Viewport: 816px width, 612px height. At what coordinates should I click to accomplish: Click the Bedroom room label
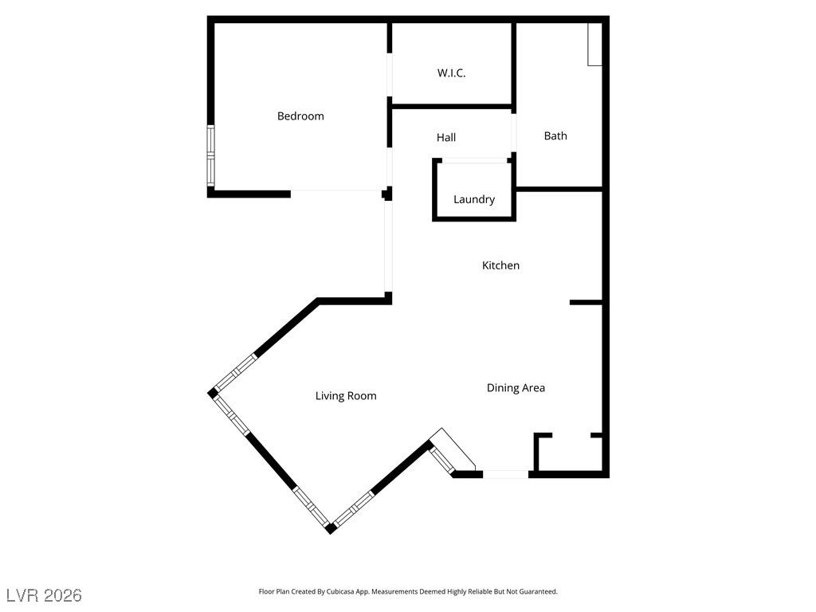(x=300, y=116)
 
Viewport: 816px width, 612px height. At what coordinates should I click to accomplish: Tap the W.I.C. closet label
(x=451, y=73)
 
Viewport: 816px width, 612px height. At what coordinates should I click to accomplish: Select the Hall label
(x=446, y=138)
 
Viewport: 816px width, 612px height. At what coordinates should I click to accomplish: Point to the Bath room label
(x=555, y=136)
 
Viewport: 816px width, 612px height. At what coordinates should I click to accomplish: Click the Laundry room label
(x=474, y=200)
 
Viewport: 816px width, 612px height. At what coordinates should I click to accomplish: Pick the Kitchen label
(x=500, y=265)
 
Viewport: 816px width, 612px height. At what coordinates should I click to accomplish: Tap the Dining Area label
(x=516, y=388)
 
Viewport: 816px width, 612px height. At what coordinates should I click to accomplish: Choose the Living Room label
(x=346, y=396)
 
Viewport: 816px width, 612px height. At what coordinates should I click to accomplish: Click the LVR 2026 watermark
(x=44, y=595)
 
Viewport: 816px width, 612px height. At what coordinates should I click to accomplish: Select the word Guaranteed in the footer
(x=536, y=592)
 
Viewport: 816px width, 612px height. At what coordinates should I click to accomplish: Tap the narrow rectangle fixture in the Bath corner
(x=594, y=44)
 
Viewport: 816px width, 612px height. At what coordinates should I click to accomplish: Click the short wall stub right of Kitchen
(x=586, y=302)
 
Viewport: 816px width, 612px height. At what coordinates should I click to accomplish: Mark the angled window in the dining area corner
(x=441, y=457)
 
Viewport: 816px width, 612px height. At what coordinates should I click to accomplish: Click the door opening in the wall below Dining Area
(x=505, y=474)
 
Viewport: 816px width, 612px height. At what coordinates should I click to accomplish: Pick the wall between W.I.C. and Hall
(x=451, y=106)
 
